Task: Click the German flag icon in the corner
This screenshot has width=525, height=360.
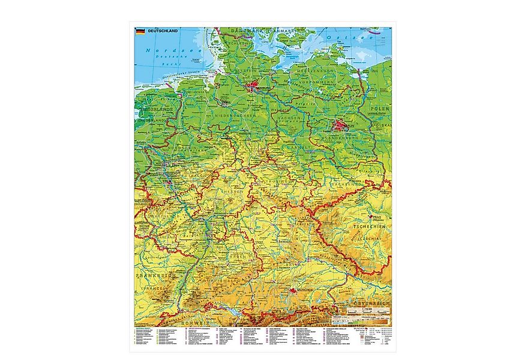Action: pyautogui.click(x=139, y=31)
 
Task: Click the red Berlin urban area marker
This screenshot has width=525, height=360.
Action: pyautogui.click(x=340, y=125)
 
